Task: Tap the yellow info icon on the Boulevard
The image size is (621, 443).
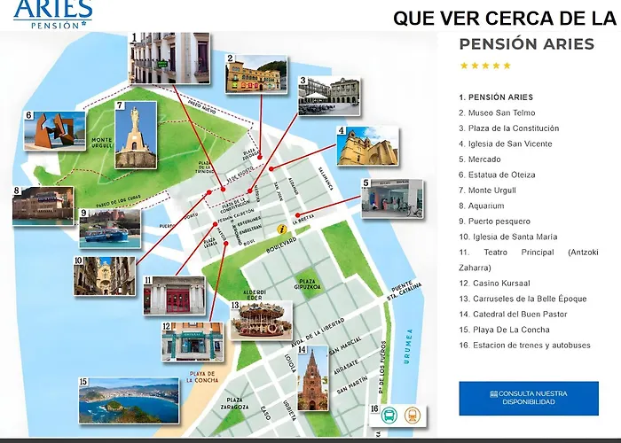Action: click(x=281, y=229)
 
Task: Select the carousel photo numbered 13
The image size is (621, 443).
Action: click(x=262, y=320)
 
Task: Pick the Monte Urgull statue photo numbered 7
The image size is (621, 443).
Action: click(x=136, y=135)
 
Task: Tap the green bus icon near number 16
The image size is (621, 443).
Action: click(x=389, y=415)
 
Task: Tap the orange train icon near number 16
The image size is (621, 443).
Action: click(x=413, y=415)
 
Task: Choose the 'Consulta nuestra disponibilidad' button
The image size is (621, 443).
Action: click(x=528, y=398)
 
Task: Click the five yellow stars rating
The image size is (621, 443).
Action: click(x=484, y=66)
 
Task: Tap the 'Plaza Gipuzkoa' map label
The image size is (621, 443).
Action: click(x=308, y=284)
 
